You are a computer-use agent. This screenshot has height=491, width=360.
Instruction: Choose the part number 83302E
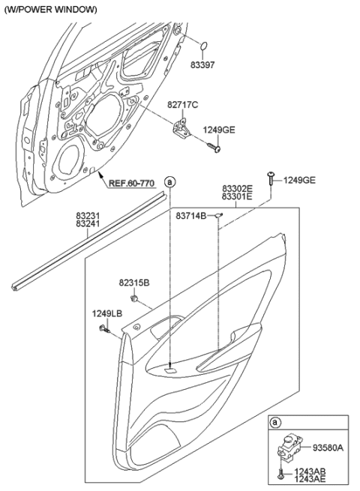237,190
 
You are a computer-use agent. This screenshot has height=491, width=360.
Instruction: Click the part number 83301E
237,199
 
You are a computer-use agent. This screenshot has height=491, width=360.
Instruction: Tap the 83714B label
191,216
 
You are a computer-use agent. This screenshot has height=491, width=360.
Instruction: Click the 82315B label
134,283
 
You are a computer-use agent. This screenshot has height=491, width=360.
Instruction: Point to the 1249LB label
106,313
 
